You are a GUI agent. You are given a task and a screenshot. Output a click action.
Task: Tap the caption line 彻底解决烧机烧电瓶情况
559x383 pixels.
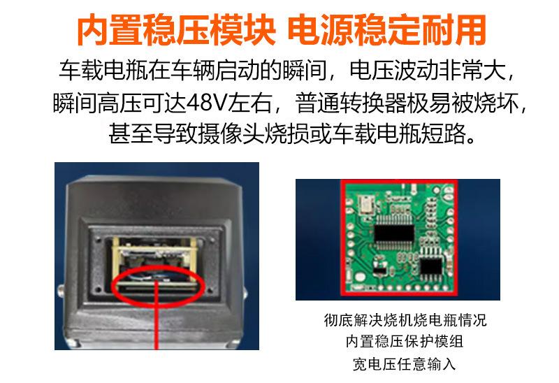click(x=405, y=321)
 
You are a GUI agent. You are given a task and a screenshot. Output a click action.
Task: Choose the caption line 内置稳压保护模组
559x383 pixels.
click(x=405, y=342)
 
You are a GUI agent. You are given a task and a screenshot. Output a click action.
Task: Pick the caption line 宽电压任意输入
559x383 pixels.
click(x=405, y=364)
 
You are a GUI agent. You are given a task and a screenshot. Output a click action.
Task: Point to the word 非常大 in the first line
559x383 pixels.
click(x=479, y=71)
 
